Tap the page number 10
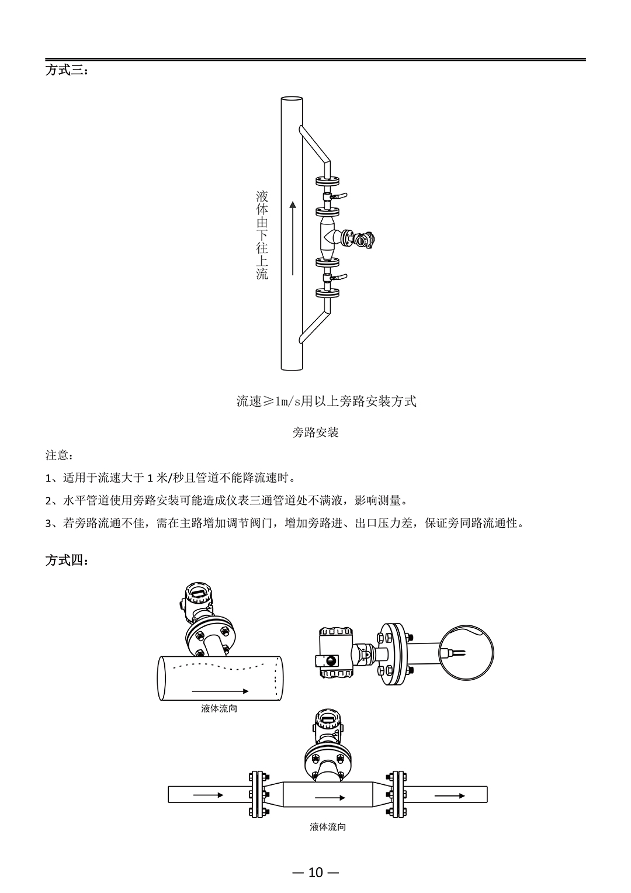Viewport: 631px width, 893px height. coord(315,861)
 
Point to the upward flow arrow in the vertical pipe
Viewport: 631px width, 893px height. coord(293,238)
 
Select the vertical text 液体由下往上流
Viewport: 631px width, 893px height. coord(262,235)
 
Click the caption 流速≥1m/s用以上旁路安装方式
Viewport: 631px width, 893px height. coord(326,401)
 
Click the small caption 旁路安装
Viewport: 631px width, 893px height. coord(315,432)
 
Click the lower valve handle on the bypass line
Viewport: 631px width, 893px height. coord(339,277)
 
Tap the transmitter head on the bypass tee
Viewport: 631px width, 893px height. coord(364,240)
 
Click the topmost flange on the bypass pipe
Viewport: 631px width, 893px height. coord(328,181)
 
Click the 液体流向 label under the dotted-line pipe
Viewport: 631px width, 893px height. coord(219,708)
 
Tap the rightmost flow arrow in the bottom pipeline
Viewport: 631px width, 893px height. coord(450,796)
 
